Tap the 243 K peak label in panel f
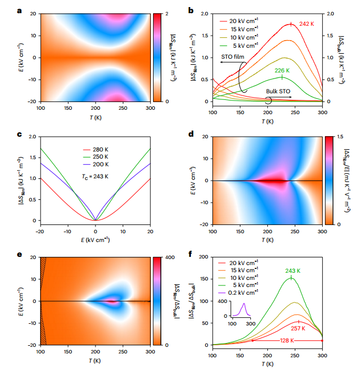291,270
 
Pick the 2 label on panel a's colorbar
167,13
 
